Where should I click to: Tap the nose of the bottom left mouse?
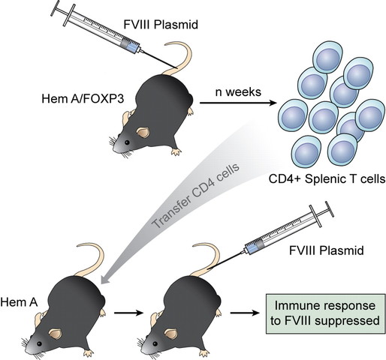[x=32, y=346]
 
